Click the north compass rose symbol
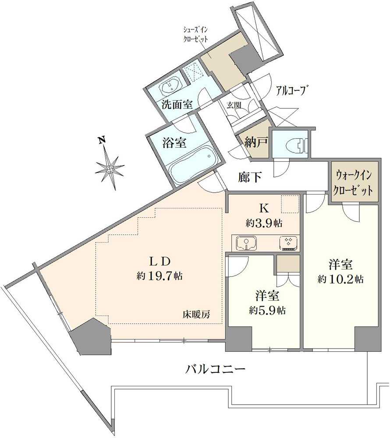coord(109,168)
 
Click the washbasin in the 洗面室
coord(171,86)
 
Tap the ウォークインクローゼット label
coord(353,183)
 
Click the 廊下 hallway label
coord(250,177)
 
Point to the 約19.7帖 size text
coord(160,276)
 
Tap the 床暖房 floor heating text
coord(196,314)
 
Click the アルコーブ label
coord(290,91)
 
